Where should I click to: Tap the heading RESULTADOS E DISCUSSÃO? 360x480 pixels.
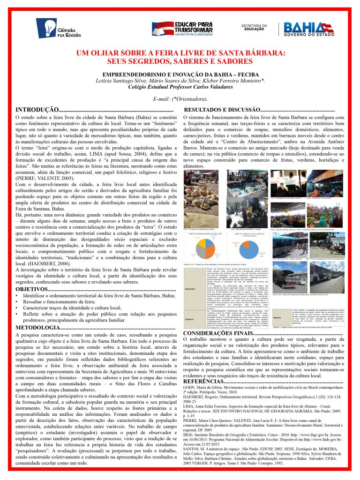220,109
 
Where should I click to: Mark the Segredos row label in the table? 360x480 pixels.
190,288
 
